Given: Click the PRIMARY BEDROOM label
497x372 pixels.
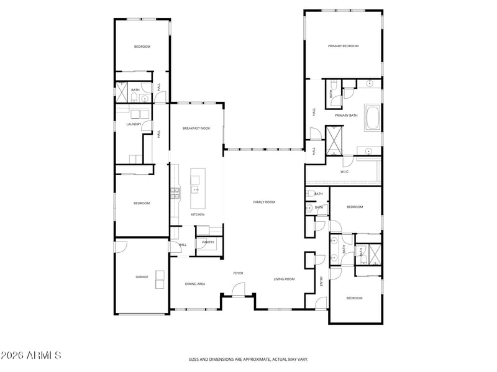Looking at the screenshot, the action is (344, 46).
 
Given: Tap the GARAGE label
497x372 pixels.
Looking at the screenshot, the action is (142, 277).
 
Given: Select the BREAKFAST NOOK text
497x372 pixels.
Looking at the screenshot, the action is (196, 129).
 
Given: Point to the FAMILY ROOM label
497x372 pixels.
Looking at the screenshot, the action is (264, 202).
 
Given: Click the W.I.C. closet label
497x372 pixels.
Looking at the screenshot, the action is (345, 172).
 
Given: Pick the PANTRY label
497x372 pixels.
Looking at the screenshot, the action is (208, 242).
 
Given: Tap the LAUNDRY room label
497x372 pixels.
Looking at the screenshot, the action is (134, 124).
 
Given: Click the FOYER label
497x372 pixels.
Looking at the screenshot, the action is (238, 273).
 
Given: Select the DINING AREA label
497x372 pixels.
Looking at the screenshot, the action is (195, 284).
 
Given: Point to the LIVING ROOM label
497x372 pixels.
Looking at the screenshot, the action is (284, 279).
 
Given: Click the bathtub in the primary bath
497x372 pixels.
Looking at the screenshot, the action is (373, 117).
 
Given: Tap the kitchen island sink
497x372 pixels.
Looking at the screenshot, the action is (194, 190).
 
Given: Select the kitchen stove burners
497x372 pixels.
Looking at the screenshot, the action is (175, 193).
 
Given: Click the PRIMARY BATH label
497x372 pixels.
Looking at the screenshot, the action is (346, 116).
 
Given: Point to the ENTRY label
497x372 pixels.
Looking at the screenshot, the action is (321, 281).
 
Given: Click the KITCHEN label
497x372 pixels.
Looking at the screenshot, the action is (198, 215).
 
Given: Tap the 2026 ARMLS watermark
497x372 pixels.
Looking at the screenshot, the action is (30, 355).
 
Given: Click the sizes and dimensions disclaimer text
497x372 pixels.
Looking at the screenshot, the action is (248, 360).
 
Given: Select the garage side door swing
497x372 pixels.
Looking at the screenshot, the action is (121, 247).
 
